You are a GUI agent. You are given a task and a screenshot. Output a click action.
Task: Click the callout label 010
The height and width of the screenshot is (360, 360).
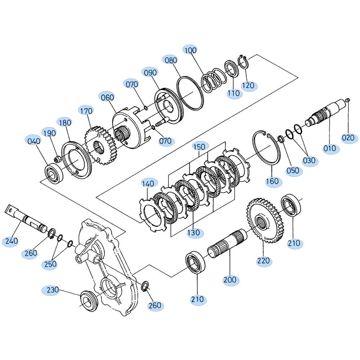pos(330,148)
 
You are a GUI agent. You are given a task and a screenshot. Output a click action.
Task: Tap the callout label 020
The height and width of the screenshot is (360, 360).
pos(348,138)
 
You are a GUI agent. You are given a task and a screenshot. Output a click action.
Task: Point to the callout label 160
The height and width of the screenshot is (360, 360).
pos(272,181)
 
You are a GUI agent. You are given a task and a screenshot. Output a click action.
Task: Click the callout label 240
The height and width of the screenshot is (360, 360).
pos(12,241)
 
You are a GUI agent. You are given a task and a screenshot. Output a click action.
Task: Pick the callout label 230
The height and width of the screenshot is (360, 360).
pos(53,290)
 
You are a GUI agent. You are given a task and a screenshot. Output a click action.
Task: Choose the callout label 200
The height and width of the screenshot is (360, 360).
pos(230,280)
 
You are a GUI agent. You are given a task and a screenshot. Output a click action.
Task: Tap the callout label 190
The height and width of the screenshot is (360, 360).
pos(50,133)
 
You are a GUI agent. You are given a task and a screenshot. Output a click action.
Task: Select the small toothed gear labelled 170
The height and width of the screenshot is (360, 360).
pos(99,145)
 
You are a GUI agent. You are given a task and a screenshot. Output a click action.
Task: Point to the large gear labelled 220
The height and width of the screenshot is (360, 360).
pos(266,221)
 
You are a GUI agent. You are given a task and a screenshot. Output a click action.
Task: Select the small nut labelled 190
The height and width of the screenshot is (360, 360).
pos(58,159)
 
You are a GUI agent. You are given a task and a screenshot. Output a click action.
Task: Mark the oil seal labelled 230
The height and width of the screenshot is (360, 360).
pos(89,300)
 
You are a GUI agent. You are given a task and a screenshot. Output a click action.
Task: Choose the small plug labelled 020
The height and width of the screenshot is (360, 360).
pos(348,100)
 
